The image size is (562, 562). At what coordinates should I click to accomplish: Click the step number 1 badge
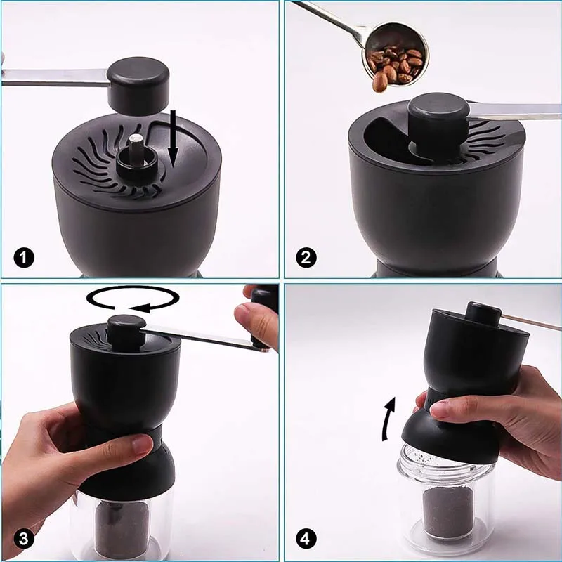24,258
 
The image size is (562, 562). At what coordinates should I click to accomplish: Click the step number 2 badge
304,258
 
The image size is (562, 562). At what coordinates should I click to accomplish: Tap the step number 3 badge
24,540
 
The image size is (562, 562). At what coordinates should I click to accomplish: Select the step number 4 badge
304,540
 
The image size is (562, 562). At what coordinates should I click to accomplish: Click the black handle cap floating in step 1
139,83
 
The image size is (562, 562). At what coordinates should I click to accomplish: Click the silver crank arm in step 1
56,77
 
